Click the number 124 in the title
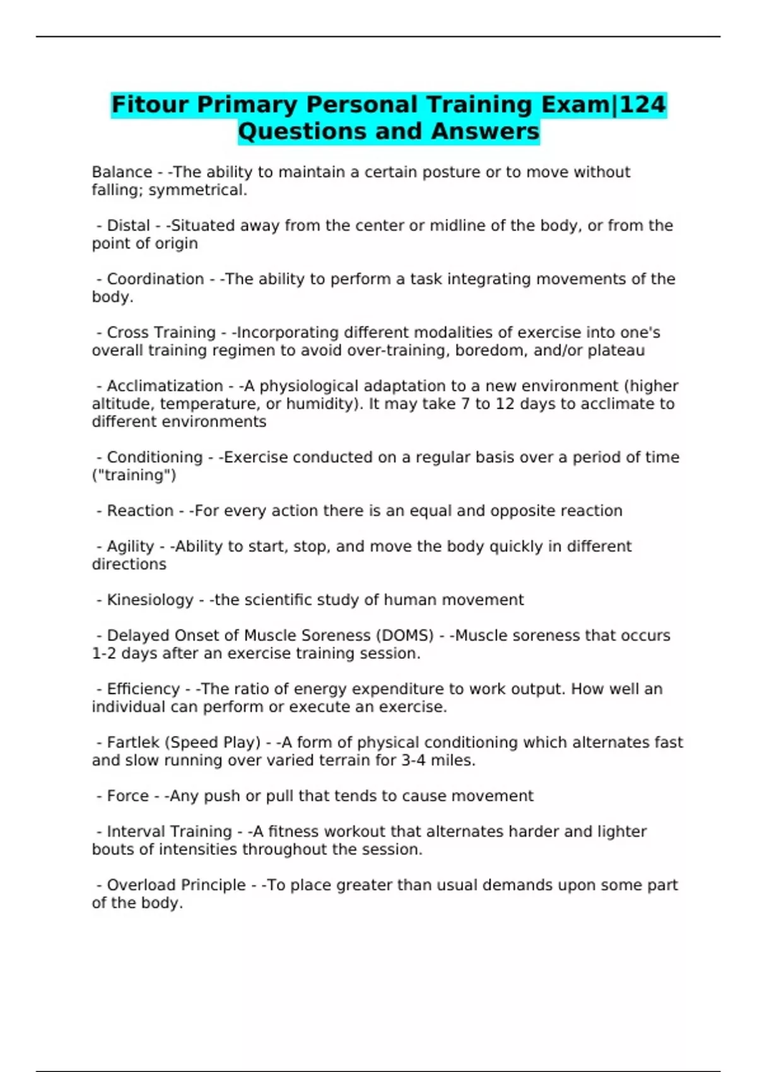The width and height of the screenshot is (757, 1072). point(643,105)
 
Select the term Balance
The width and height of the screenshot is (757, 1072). point(122,172)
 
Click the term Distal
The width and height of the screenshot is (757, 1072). point(128,226)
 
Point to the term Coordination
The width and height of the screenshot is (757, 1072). point(155,279)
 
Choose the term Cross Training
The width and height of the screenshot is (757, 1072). point(161,332)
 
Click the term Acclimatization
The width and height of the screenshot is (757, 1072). point(165,386)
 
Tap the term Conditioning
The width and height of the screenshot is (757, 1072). point(155,457)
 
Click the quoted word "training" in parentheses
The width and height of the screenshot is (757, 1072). point(134,475)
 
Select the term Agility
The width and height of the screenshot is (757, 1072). point(130,546)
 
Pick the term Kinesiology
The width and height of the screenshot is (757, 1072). point(150,600)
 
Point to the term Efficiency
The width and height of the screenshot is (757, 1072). point(143,689)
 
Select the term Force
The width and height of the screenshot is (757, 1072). point(128,796)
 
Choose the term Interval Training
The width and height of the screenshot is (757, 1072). point(169,832)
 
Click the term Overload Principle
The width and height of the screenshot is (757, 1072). point(176,885)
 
